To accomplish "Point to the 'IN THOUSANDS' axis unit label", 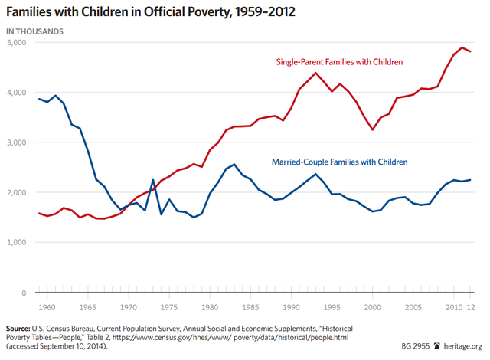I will [x=35, y=31].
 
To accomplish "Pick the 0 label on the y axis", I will [x=24, y=293].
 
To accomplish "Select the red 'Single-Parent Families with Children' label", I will [x=349, y=61].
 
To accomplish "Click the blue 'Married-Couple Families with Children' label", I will [x=340, y=162].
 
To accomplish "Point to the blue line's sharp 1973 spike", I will [x=153, y=181].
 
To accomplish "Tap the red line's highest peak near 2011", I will [x=461, y=47].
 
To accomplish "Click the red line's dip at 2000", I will [x=372, y=129].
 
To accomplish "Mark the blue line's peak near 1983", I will [x=234, y=164].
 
